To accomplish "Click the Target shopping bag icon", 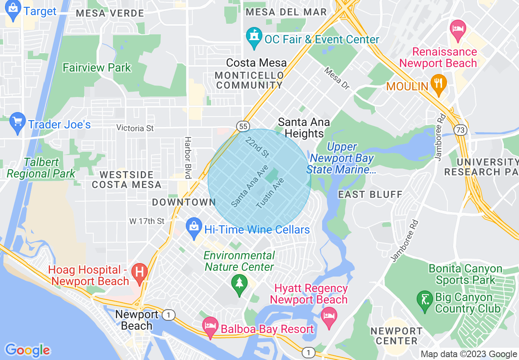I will tap(14, 10).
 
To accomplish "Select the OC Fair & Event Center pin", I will tap(254, 38).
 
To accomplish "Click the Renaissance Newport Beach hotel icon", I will tap(458, 30).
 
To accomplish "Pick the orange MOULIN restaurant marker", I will tap(438, 84).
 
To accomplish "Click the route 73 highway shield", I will tap(460, 130).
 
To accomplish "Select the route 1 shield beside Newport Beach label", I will tap(168, 315).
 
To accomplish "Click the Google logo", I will tap(27, 350).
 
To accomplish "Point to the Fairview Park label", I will tap(97, 67).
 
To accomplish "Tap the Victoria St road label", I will tap(135, 128).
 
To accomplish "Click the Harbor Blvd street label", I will tap(188, 157).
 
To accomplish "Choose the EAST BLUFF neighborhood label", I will tap(370, 194).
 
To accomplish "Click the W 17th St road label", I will tap(147, 221).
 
